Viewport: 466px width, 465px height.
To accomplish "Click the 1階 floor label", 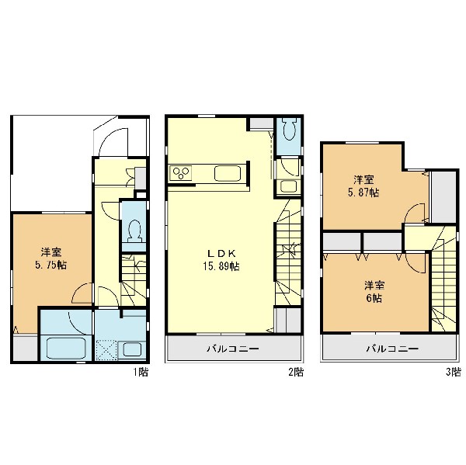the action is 141,372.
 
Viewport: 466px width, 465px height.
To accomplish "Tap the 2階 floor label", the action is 296,372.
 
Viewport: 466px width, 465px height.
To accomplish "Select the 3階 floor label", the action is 454,372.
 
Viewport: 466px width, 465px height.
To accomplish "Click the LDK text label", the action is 221,253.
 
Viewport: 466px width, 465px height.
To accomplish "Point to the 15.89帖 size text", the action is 221,266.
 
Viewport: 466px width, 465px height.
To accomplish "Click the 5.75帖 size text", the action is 50,265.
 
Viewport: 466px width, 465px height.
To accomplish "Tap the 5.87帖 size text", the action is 363,193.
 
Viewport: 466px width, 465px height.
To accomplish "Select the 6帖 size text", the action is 374,298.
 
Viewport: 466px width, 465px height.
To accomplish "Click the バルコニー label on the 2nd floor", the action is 233,349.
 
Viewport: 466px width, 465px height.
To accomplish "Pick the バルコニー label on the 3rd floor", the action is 392,349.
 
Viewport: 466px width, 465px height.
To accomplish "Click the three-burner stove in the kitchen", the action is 181,173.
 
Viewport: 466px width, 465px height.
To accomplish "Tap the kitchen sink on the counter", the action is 228,173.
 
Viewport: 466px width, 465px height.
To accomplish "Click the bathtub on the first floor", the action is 66,349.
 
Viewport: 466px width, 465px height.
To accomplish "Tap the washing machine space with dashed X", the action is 106,350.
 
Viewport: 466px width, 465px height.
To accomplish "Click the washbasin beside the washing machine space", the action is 132,350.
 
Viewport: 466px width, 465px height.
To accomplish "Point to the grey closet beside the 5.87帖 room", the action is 443,196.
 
